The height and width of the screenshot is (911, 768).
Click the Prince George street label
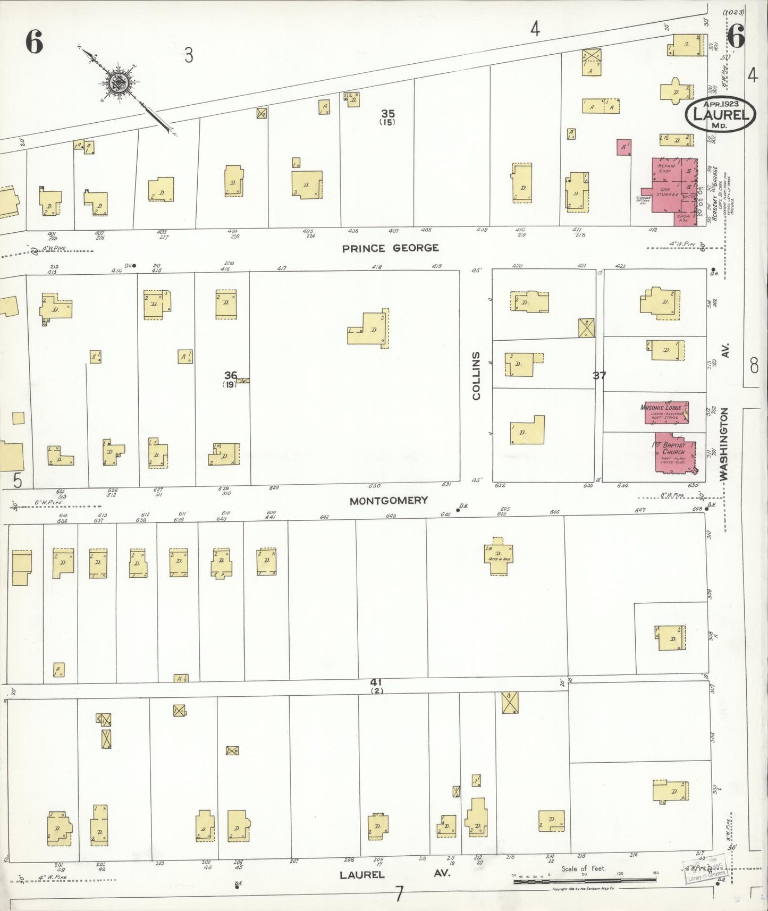390,248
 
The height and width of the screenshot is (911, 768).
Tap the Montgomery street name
389,501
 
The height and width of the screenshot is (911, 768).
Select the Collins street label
476,375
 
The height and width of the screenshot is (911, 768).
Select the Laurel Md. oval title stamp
721,114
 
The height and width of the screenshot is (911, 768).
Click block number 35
388,113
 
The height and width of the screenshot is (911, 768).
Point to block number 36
230,376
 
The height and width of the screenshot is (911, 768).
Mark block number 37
599,375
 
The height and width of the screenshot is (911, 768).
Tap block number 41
376,682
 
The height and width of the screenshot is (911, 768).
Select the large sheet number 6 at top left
34,42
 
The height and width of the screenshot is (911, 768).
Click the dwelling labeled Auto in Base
499,555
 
